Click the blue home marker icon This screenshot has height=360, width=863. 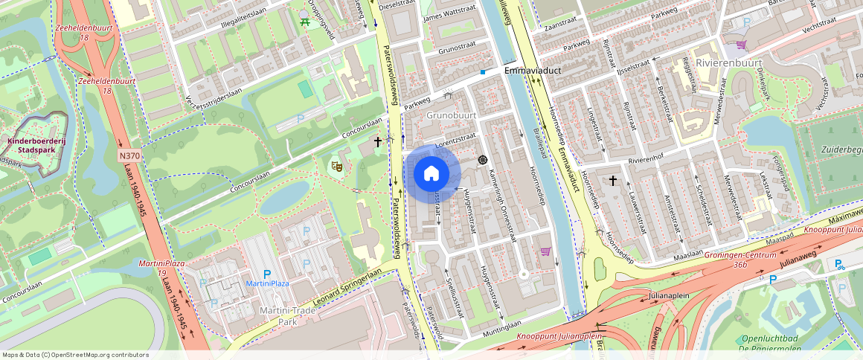click(x=431, y=174)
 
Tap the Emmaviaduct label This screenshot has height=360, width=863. click(x=531, y=71)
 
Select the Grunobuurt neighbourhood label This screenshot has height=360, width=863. click(x=451, y=115)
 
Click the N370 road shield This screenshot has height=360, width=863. click(x=129, y=156)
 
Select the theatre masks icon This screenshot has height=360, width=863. click(x=336, y=167)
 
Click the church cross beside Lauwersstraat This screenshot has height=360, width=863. click(x=613, y=181)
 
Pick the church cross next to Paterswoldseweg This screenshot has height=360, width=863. click(x=378, y=141)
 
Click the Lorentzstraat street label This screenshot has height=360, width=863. click(x=455, y=138)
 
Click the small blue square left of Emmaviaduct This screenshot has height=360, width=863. click(x=483, y=71)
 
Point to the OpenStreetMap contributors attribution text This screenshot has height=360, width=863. click(x=75, y=355)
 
